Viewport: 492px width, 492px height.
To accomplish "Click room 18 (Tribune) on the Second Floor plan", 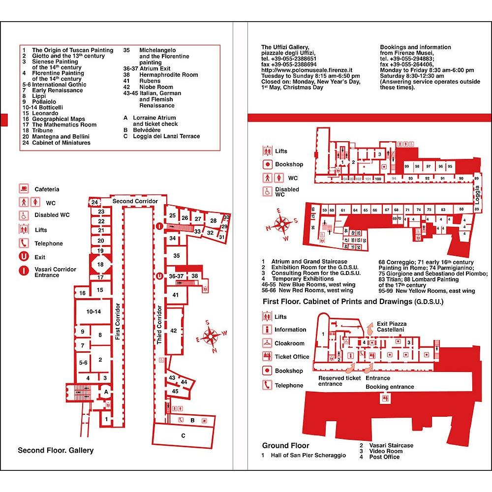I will tap(100, 265).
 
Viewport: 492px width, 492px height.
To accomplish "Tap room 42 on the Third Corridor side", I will tap(173, 331).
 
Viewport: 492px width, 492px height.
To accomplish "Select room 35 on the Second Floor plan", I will tap(177, 255).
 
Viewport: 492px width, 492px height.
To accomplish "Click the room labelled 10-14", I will tap(93, 311).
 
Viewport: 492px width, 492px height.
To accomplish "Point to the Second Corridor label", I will tap(135, 202).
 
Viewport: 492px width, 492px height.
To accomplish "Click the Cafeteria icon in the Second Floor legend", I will tap(23, 189).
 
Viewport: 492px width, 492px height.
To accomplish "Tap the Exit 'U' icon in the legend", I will tap(23, 257).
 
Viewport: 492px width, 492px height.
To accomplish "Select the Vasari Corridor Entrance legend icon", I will tap(23, 270).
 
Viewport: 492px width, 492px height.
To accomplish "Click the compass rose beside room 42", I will tap(211, 337).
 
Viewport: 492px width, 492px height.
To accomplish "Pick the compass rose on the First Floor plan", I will tap(282, 225).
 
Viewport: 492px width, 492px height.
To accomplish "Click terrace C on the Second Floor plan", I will tap(183, 435).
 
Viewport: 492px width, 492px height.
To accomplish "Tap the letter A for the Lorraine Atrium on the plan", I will tap(105, 392).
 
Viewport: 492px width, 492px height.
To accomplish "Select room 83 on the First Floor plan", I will tap(443, 210).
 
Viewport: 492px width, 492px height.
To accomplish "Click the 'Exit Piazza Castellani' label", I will tap(391, 326).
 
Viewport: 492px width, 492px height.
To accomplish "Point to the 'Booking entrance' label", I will tap(390, 387).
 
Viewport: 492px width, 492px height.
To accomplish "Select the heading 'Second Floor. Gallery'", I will tap(56, 450).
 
